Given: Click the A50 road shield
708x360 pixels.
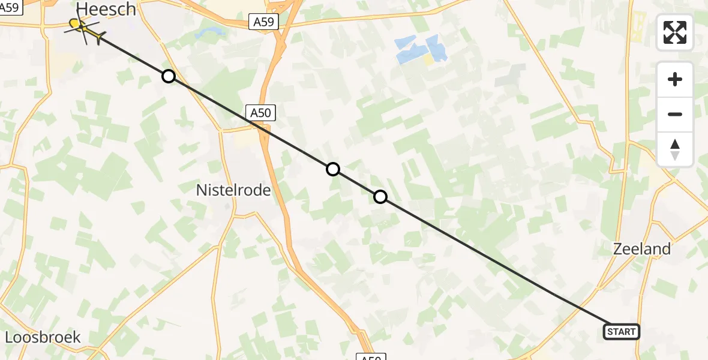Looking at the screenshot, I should pyautogui.click(x=260, y=112).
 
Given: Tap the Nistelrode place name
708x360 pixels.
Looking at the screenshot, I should pyautogui.click(x=233, y=190).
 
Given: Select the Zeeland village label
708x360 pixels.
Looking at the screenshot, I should pyautogui.click(x=641, y=249).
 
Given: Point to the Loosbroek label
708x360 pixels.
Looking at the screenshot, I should pyautogui.click(x=43, y=337).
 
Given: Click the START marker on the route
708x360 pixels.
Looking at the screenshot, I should pyautogui.click(x=621, y=332).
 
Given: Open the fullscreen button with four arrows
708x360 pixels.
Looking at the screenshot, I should pyautogui.click(x=675, y=32).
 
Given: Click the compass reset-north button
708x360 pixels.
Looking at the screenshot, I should pyautogui.click(x=675, y=149).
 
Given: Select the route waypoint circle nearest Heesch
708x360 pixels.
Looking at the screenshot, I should pyautogui.click(x=169, y=76).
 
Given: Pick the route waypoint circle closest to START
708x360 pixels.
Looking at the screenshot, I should pyautogui.click(x=380, y=197).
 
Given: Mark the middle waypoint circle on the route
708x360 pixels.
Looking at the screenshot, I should pyautogui.click(x=333, y=169).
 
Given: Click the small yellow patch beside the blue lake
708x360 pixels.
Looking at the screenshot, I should pyautogui.click(x=428, y=60).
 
